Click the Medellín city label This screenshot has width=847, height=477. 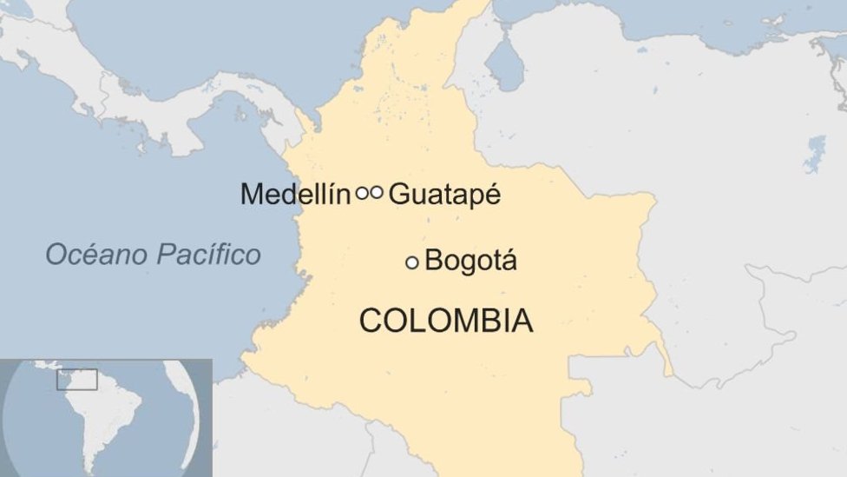(295, 194)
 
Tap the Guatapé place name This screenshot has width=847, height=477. (444, 195)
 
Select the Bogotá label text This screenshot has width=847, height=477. (471, 261)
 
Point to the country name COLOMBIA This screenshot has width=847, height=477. (446, 321)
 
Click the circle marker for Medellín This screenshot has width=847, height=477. (362, 193)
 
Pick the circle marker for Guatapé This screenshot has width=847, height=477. (376, 193)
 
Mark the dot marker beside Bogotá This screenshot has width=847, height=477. (412, 262)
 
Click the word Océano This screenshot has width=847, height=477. (96, 255)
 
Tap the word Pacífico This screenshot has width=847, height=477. (208, 255)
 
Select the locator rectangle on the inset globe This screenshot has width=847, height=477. (77, 380)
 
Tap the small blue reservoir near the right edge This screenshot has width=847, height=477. (815, 155)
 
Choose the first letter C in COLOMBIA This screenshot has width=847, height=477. (370, 321)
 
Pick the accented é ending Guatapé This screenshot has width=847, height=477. (492, 194)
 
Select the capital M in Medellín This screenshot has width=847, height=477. (253, 194)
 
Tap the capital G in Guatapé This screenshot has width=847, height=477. (398, 195)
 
